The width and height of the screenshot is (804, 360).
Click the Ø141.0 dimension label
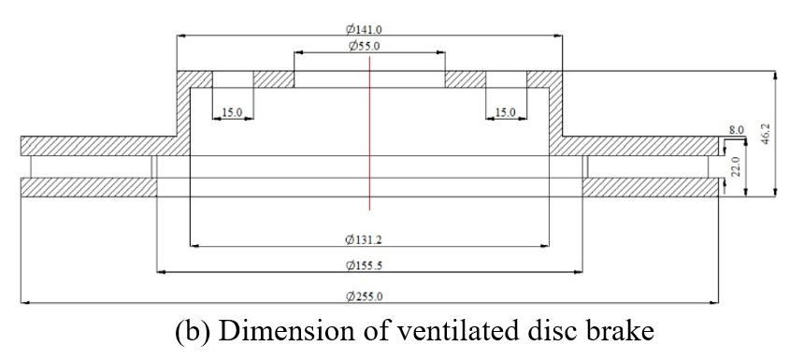[x=364, y=29]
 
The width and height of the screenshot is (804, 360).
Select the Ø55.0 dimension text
[x=364, y=46]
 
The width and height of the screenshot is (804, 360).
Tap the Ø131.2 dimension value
[x=364, y=239]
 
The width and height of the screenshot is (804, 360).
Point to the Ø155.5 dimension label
[x=364, y=266]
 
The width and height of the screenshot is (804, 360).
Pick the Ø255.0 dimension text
[x=364, y=296]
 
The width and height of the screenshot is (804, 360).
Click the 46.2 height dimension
[x=766, y=134]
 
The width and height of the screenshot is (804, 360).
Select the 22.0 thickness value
[x=736, y=167]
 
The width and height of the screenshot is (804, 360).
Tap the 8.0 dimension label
[x=737, y=130]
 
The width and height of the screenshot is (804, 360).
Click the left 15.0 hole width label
[x=232, y=112]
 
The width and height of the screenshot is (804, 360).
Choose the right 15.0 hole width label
[x=506, y=112]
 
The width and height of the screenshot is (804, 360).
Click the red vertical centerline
[x=369, y=134]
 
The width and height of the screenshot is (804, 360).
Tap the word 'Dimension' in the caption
[x=277, y=332]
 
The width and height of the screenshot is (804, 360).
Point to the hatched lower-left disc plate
[x=88, y=187]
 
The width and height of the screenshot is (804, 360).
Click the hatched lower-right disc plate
[x=650, y=187]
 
